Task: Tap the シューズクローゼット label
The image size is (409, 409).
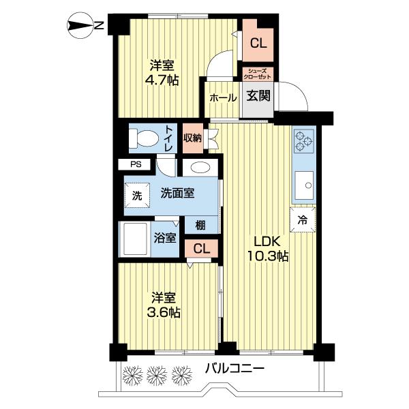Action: click(x=258, y=74)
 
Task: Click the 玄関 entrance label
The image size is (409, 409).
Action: click(x=258, y=96)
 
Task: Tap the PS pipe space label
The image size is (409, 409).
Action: click(x=136, y=164)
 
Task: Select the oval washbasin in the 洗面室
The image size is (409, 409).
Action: click(x=200, y=169)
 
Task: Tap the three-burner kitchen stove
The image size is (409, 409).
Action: click(x=303, y=142)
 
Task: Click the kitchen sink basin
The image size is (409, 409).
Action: click(x=303, y=185)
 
